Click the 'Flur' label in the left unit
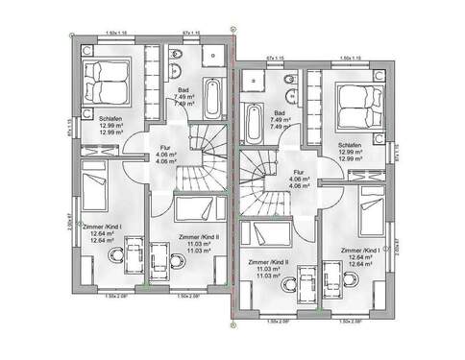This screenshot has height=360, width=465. (x=164, y=148)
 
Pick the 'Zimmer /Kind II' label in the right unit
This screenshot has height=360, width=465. (x=267, y=261)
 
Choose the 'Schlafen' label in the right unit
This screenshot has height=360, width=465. (x=349, y=146)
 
